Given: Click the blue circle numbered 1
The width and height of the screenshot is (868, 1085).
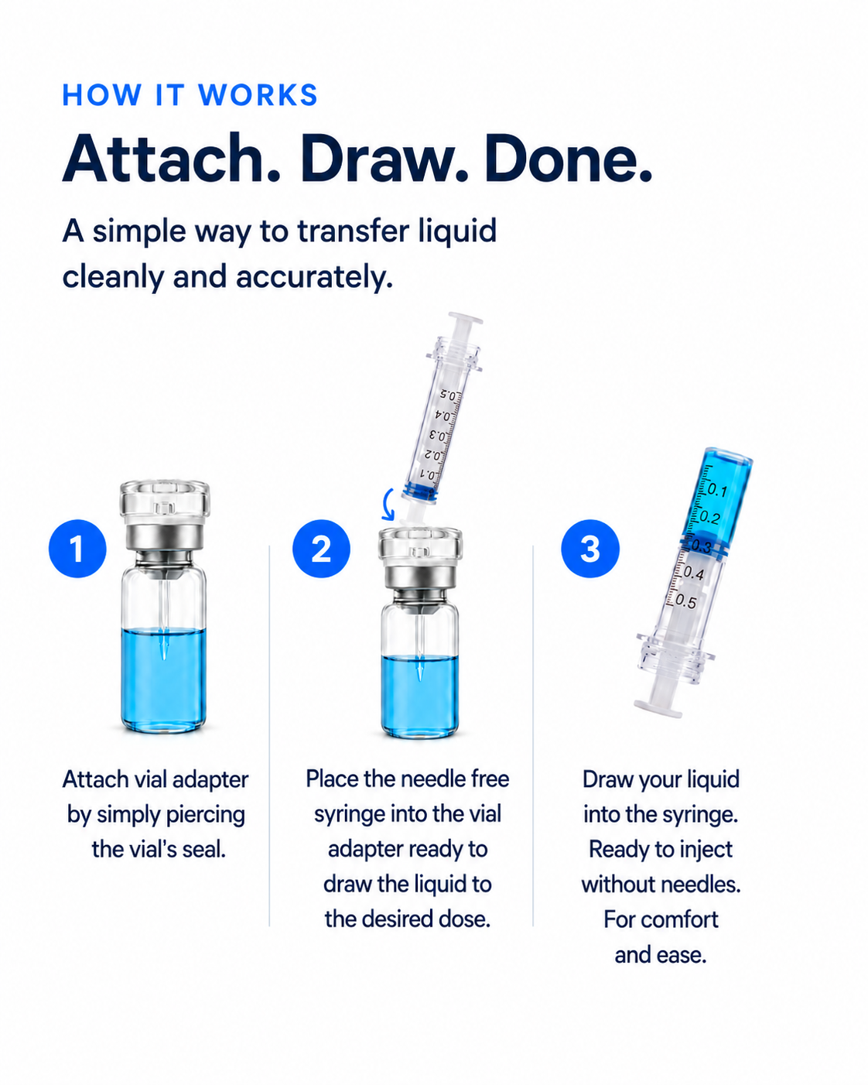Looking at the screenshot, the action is coord(77,549).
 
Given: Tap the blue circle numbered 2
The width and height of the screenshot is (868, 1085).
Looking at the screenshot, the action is coord(321,549).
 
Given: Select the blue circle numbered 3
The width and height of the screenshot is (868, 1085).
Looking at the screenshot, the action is coord(590,549).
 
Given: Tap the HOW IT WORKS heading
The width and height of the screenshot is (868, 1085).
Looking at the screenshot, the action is coord(190,94).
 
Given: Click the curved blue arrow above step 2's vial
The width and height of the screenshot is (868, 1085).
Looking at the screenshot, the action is coord(386,504).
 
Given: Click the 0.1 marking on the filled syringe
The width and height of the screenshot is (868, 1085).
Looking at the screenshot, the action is coord(716,490).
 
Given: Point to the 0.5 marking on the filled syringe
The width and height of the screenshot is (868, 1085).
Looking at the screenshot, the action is coord(685,601).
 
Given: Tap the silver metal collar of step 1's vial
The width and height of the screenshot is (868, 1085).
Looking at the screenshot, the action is coord(164,539).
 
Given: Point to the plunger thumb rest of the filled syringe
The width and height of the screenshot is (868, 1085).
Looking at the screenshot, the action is coord(658,707).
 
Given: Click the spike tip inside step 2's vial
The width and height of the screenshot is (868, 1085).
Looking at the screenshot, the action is coord(420,674).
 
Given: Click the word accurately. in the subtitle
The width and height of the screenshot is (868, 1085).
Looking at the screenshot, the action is coord(314,277).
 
